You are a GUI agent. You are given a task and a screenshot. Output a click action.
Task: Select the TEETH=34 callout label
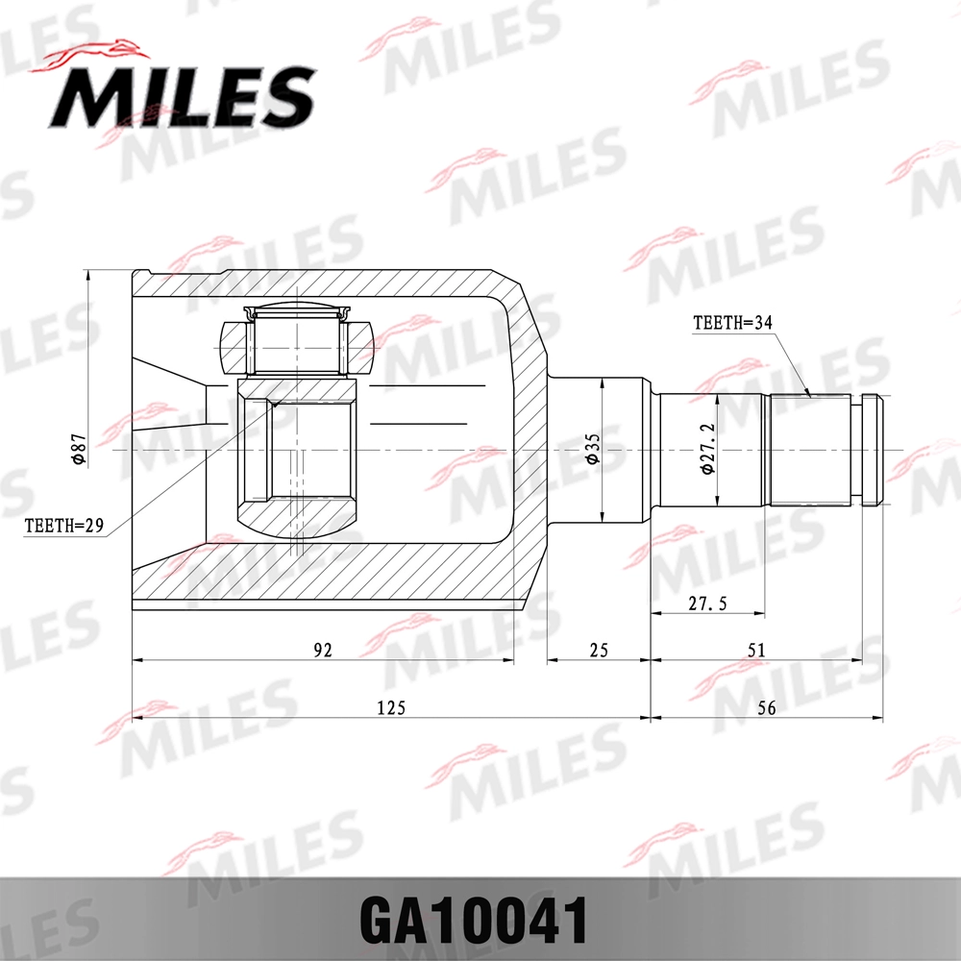[x=733, y=323]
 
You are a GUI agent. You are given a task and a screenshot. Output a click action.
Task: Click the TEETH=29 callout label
[x=63, y=525]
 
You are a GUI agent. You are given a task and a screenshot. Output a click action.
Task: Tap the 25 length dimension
[x=598, y=650]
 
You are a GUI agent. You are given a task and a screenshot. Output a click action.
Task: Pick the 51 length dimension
[x=756, y=650]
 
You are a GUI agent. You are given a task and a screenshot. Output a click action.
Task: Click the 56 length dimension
[x=766, y=707]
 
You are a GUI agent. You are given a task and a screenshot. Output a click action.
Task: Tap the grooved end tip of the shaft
[x=872, y=450]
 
